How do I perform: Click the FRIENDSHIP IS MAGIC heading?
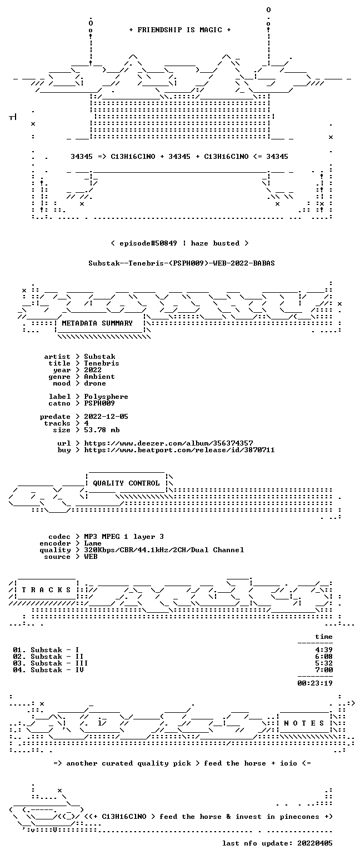(x=180, y=30)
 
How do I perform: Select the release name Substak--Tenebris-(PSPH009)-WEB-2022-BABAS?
(x=182, y=263)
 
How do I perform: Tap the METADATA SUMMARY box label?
(x=97, y=323)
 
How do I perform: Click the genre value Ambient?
(x=99, y=377)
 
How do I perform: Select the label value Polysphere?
(x=106, y=397)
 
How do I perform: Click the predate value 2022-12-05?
(x=106, y=417)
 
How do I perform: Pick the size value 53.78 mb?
(x=102, y=430)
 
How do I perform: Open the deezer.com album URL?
(x=168, y=443)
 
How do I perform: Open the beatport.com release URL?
(x=179, y=450)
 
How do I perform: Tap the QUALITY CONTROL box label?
(x=126, y=483)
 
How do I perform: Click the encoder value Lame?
(x=93, y=543)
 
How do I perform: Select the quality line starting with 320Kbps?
(x=164, y=550)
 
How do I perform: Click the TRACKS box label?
(x=47, y=590)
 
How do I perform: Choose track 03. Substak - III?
(x=50, y=663)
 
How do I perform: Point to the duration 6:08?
(x=324, y=657)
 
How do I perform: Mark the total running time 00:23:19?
(x=315, y=683)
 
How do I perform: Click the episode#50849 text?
(x=148, y=243)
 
